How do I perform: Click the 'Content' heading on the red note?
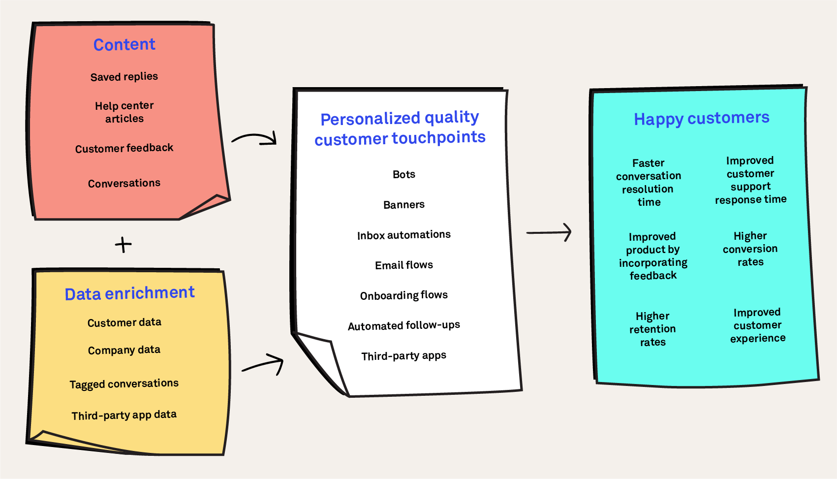pyautogui.click(x=124, y=45)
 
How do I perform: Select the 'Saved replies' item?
pyautogui.click(x=124, y=77)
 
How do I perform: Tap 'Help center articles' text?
pyautogui.click(x=124, y=112)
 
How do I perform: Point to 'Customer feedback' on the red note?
pyautogui.click(x=124, y=148)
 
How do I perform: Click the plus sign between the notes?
pyautogui.click(x=123, y=245)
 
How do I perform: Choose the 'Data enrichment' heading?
pyautogui.click(x=130, y=293)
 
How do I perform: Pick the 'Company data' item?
pyautogui.click(x=124, y=350)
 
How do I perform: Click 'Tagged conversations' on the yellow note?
pyautogui.click(x=124, y=383)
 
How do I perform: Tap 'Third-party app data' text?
pyautogui.click(x=124, y=415)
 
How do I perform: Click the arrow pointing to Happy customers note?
pyautogui.click(x=549, y=232)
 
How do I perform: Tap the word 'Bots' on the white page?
pyautogui.click(x=404, y=174)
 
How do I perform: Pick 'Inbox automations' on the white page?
pyautogui.click(x=404, y=235)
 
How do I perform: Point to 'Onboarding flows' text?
pyautogui.click(x=404, y=295)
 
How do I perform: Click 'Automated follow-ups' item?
pyautogui.click(x=404, y=325)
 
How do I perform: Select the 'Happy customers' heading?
pyautogui.click(x=702, y=119)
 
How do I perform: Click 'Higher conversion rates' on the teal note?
pyautogui.click(x=750, y=249)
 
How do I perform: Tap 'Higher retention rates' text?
pyautogui.click(x=652, y=329)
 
